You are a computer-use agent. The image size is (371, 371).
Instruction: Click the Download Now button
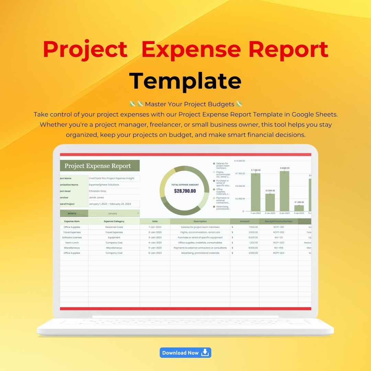(x=185, y=352)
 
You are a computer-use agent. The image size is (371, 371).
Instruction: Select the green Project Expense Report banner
(x=100, y=166)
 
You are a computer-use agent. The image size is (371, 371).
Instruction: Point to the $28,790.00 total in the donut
(x=185, y=191)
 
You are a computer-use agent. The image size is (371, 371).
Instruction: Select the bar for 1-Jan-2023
(x=256, y=192)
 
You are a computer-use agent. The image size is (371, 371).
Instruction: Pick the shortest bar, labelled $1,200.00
(x=299, y=208)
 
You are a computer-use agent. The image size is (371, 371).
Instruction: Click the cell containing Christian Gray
(x=114, y=191)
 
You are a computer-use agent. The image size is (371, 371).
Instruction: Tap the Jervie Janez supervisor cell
(x=114, y=198)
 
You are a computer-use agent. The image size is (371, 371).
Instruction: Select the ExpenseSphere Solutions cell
(x=114, y=185)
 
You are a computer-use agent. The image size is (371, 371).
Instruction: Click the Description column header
(x=200, y=221)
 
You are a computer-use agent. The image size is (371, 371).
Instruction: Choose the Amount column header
(x=245, y=221)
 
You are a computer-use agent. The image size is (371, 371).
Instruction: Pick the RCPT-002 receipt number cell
(x=279, y=232)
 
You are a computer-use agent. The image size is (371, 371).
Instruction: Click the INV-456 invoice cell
(x=279, y=248)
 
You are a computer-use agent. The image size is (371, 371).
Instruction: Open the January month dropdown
(x=114, y=213)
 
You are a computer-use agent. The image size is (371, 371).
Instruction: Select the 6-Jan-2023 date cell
(x=155, y=253)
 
